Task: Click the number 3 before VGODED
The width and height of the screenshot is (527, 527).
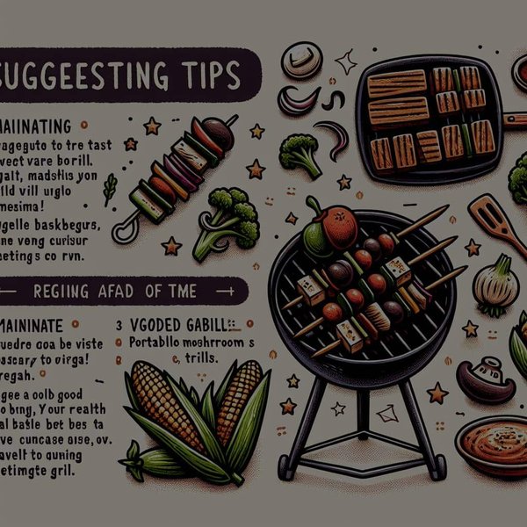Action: click(119, 322)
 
